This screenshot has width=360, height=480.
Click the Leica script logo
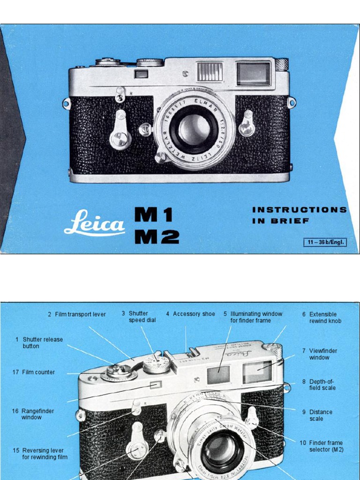[94, 223]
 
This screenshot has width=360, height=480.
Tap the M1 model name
[154, 215]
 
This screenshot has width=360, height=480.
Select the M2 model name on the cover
[157, 237]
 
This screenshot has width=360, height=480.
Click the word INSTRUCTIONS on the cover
[300, 210]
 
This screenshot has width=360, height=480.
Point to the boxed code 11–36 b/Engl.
[325, 242]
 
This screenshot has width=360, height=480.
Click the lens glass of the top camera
[194, 129]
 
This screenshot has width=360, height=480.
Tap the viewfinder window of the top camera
[254, 74]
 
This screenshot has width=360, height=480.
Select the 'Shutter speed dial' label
[142, 317]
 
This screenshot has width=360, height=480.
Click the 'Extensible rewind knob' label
[325, 317]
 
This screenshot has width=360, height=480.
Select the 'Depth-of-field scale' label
[322, 385]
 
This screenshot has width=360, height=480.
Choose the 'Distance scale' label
[320, 415]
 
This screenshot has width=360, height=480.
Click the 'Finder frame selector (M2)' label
[325, 446]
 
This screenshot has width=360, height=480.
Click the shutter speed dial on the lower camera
[156, 364]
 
